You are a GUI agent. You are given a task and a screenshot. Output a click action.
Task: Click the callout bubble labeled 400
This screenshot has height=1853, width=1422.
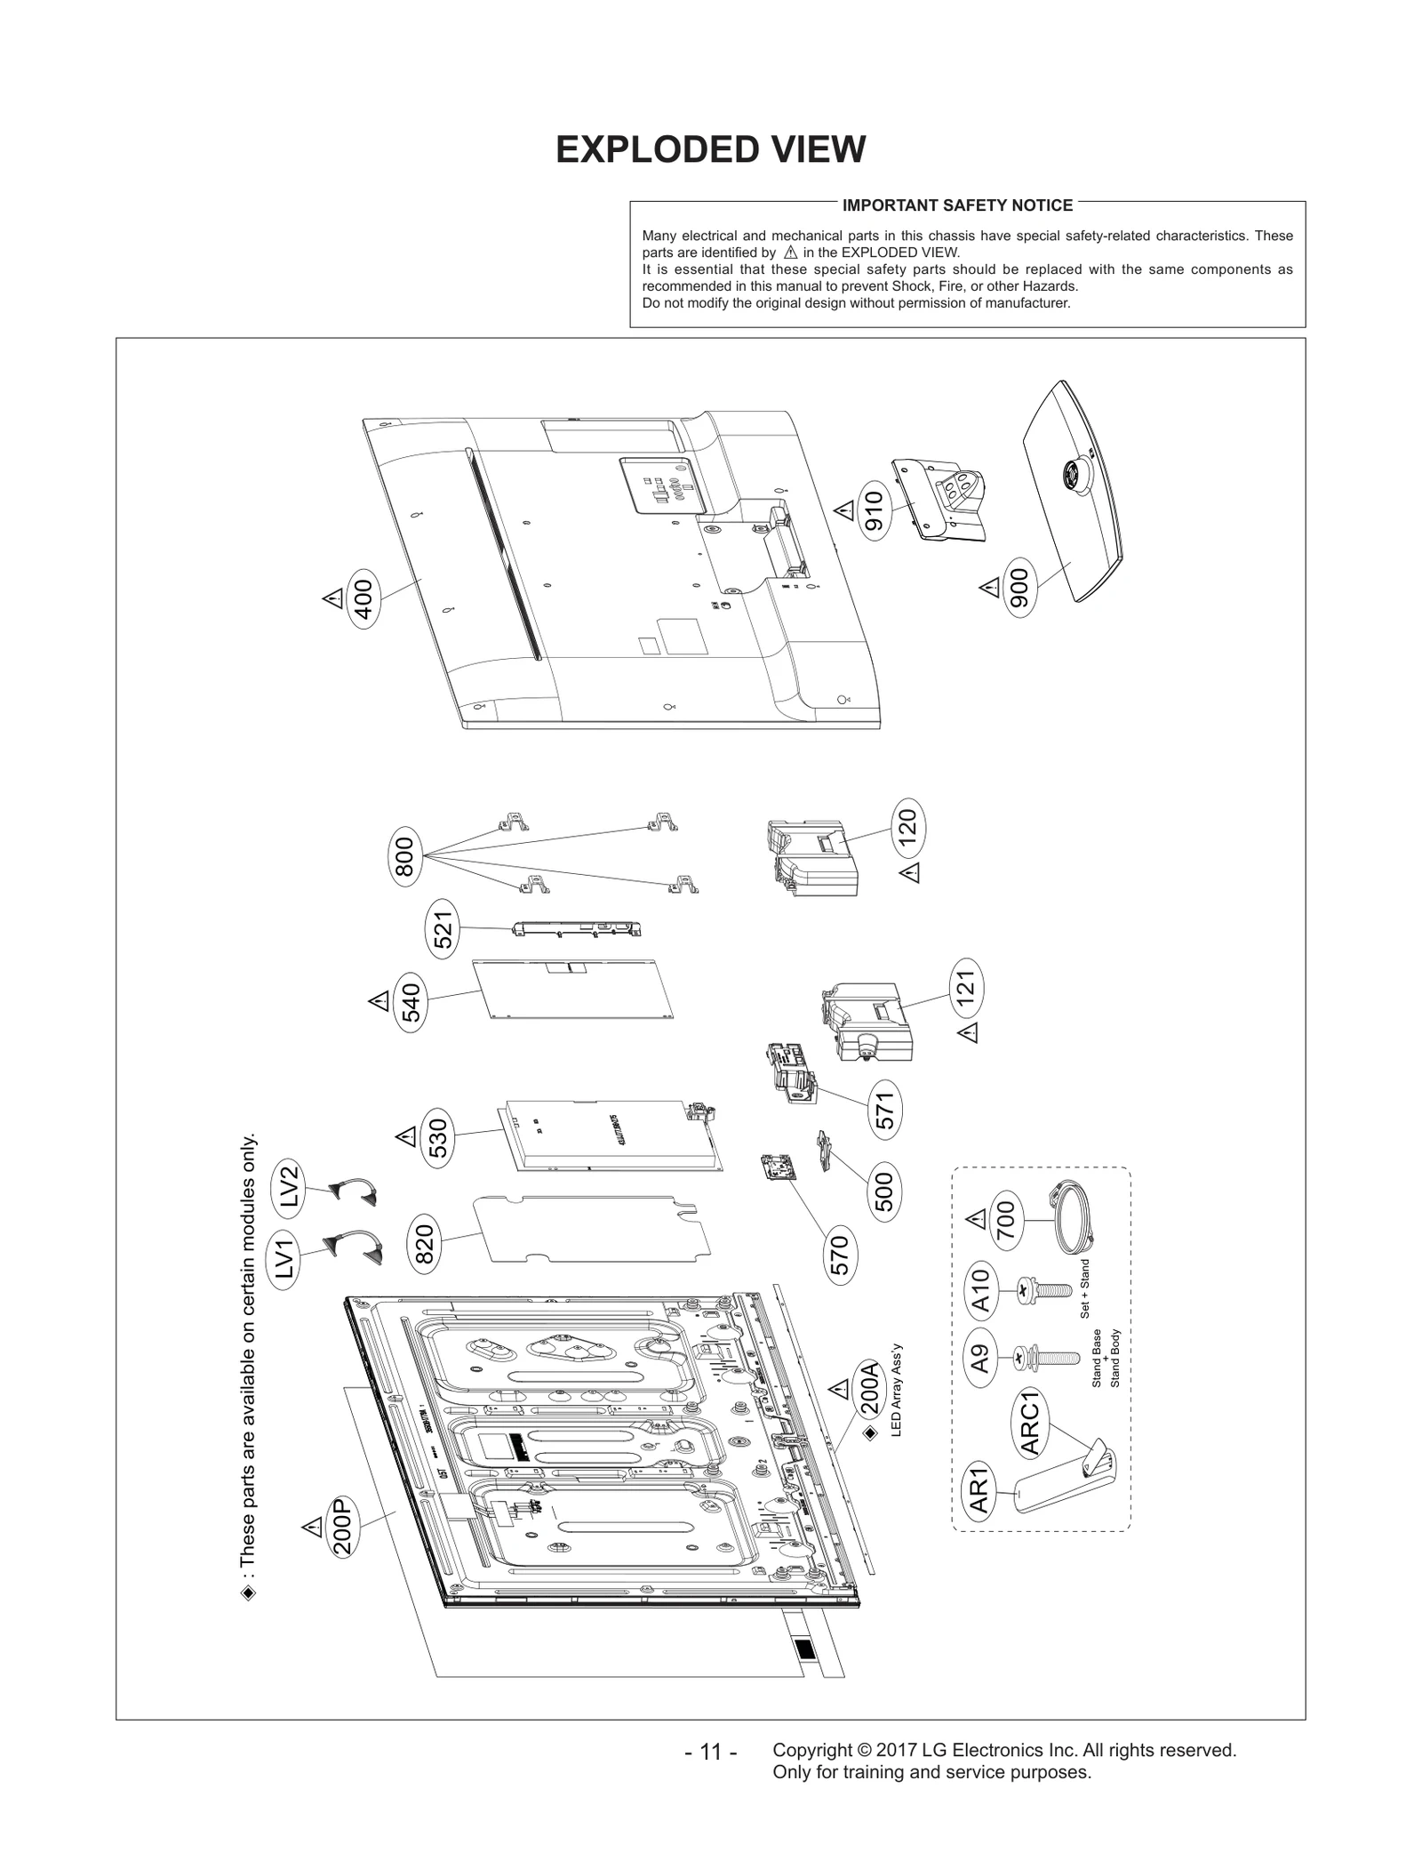[363, 598]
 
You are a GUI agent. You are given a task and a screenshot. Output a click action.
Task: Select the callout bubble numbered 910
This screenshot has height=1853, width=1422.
[875, 510]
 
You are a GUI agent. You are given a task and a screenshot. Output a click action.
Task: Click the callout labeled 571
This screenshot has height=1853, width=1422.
[884, 1109]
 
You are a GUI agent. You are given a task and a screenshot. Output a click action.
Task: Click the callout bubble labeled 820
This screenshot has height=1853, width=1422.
[425, 1244]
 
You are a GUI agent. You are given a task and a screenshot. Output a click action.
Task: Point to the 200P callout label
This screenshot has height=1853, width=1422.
[342, 1527]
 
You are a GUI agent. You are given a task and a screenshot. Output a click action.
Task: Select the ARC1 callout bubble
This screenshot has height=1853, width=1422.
[1031, 1424]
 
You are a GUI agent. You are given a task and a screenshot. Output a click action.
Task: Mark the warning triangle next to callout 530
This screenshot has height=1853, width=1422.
[406, 1136]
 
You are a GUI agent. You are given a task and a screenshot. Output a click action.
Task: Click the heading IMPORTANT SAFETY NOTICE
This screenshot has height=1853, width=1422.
[957, 205]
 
